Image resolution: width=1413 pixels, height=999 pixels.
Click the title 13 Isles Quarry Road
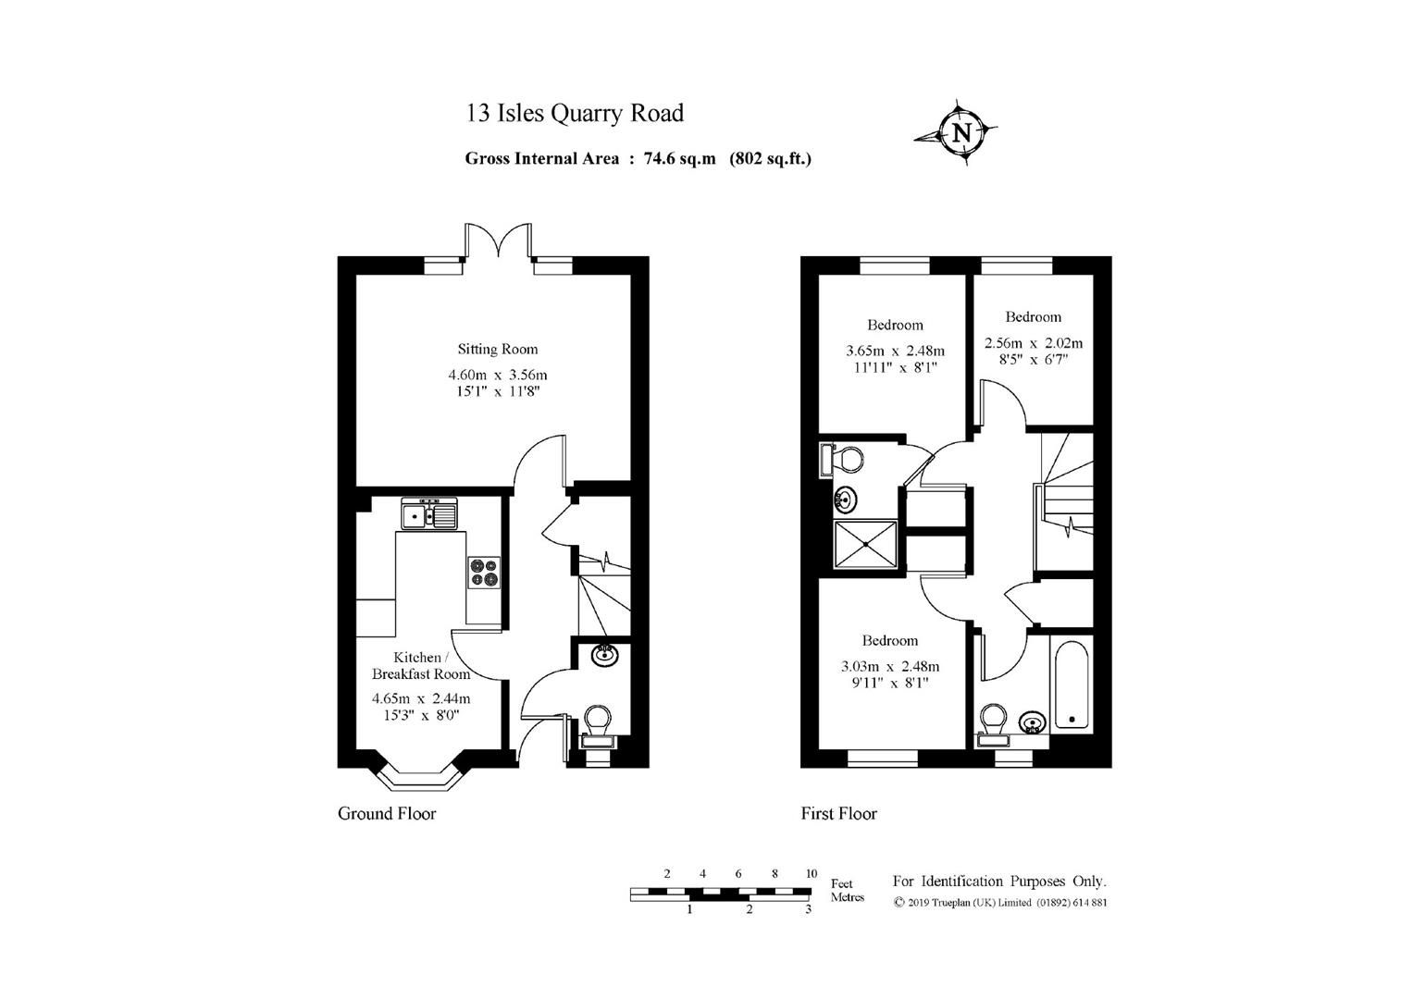[575, 113]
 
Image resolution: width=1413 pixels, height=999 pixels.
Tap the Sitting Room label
[498, 350]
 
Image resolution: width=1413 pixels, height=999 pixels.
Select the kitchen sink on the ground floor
[428, 513]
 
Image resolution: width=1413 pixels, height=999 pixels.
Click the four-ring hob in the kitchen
[483, 572]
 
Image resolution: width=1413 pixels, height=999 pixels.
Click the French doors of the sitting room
[499, 240]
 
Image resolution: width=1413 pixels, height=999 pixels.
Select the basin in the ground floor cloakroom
[604, 655]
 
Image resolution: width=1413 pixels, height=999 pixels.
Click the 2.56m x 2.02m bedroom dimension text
[1033, 343]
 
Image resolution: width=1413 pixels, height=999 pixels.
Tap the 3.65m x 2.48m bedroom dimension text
[895, 351]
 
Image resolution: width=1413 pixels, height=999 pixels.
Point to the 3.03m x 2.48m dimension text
[889, 666]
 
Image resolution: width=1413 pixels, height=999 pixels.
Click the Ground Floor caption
[387, 814]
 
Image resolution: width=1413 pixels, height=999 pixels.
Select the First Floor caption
[838, 814]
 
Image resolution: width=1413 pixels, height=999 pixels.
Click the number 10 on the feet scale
[811, 874]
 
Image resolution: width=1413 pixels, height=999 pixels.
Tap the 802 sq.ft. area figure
[770, 158]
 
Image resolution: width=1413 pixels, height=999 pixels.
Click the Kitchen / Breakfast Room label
[420, 665]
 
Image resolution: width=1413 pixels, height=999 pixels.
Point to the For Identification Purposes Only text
[998, 882]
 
